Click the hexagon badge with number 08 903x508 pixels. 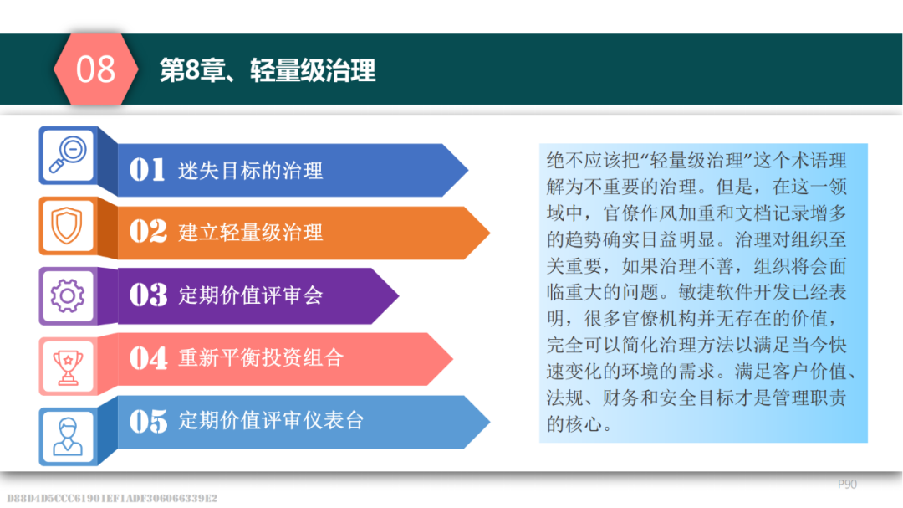coord(95,69)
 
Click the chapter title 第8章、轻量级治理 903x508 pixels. coord(268,70)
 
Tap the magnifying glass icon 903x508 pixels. coord(68,154)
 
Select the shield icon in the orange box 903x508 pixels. coord(67,225)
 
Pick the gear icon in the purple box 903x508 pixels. coord(68,295)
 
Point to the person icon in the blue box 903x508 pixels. coord(68,437)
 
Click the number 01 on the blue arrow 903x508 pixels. coord(147,170)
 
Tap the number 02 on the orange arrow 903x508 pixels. coord(148,232)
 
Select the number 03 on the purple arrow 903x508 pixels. coord(148,295)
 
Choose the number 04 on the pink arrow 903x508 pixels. coord(148,357)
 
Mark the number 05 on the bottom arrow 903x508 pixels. coord(148,420)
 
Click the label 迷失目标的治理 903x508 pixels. coord(251,171)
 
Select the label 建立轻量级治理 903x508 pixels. coord(251,233)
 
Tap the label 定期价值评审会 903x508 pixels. coord(251,295)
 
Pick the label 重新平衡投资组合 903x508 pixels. coord(261,357)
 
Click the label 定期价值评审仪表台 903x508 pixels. coord(271,420)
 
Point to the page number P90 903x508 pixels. coord(847,485)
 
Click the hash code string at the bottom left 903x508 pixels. coord(112,498)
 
